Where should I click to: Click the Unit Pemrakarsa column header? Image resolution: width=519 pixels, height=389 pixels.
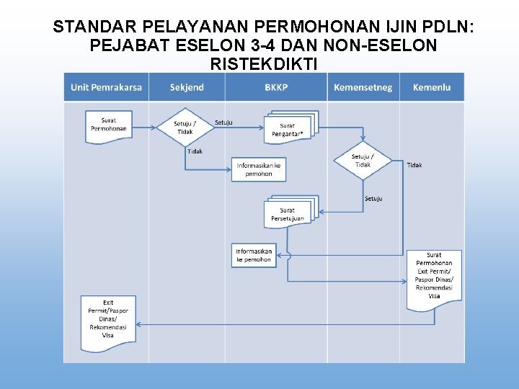(106, 87)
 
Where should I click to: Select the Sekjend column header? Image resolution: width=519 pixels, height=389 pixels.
(187, 87)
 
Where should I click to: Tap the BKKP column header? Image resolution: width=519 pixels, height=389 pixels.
(276, 87)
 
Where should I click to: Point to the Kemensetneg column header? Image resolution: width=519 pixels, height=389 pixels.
(363, 87)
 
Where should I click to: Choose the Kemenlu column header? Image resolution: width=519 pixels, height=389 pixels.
(432, 87)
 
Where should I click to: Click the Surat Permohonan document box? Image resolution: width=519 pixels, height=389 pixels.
(109, 125)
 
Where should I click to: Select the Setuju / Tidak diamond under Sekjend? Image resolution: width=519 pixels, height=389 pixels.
(185, 127)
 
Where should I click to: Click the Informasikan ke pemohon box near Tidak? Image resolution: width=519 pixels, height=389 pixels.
(259, 169)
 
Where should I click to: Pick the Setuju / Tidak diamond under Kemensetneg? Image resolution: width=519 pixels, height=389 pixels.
(363, 161)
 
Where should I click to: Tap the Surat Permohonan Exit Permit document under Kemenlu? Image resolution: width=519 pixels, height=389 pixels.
(434, 278)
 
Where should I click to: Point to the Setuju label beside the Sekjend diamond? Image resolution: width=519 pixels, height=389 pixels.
(223, 122)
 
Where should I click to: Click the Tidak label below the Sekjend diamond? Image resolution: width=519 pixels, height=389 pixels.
(195, 151)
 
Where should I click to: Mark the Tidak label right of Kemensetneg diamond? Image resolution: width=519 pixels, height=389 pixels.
(414, 165)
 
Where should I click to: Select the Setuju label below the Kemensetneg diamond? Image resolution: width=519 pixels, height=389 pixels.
(373, 198)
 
